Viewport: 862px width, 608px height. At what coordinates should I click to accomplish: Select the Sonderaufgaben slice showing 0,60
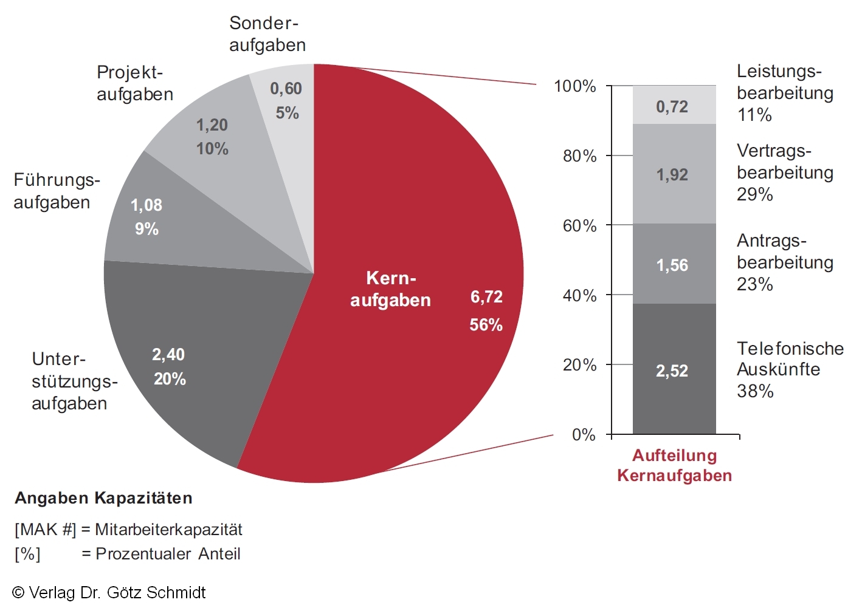[286, 100]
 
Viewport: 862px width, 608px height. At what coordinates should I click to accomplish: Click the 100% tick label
[574, 86]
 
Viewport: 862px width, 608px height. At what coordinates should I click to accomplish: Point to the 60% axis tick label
[579, 226]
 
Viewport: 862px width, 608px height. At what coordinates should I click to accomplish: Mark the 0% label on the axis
[584, 435]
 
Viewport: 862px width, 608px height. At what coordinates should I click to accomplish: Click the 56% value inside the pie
[486, 325]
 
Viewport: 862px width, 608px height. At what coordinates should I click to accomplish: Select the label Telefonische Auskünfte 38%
[790, 369]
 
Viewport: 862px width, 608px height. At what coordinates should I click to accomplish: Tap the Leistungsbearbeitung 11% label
[784, 93]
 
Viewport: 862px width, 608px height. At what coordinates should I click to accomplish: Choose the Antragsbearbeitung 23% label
[784, 262]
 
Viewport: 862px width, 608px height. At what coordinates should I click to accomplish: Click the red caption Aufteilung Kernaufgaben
[674, 465]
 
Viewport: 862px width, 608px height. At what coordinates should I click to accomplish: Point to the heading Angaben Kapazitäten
[103, 498]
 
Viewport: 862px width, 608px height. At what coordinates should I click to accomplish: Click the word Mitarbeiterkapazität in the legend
[168, 530]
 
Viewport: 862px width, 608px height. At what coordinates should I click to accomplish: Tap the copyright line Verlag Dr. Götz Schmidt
[109, 593]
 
